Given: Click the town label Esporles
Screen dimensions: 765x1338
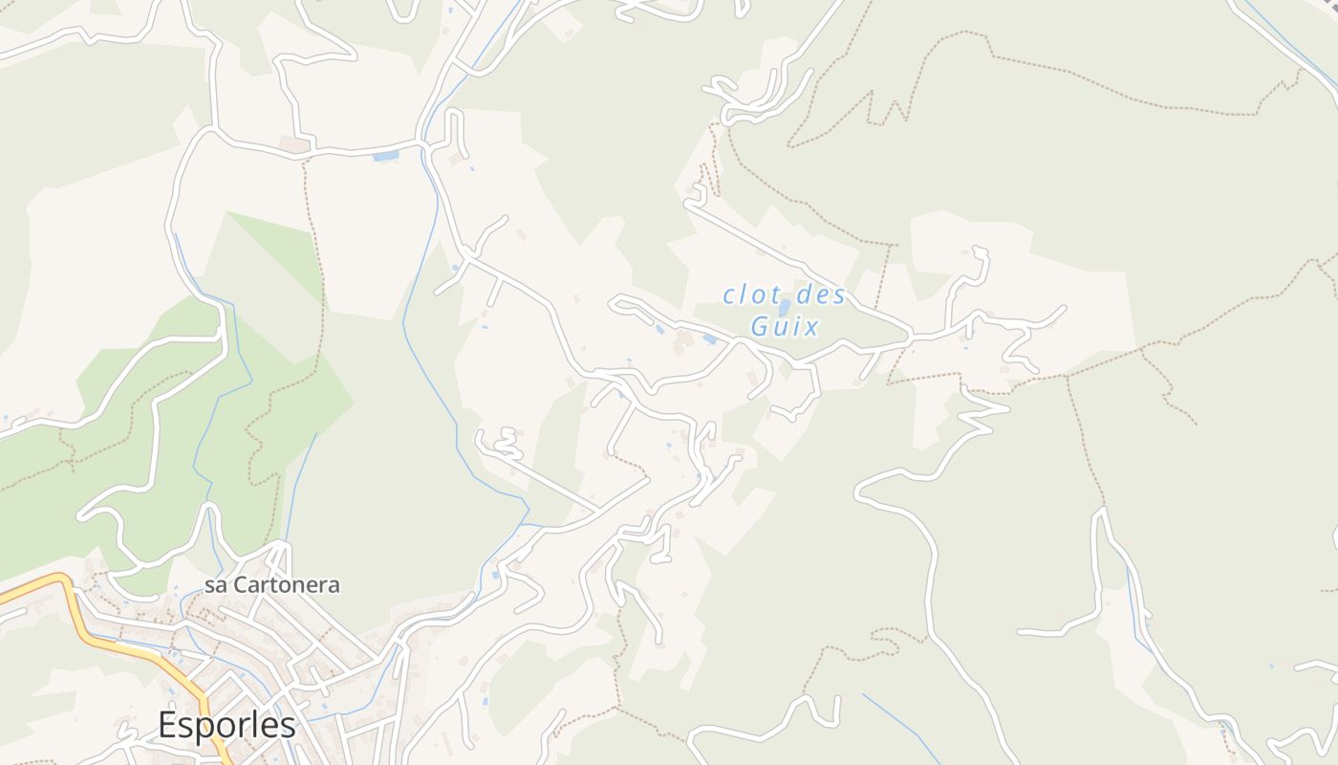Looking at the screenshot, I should [x=227, y=725].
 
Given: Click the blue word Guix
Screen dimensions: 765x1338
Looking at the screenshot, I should [x=785, y=327].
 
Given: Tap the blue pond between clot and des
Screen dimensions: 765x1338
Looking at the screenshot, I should [x=785, y=307].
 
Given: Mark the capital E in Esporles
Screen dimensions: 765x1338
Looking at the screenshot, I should [x=168, y=725].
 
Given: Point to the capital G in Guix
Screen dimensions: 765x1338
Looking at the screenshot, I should [x=761, y=327].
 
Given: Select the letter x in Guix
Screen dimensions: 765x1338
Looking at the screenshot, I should [x=811, y=327].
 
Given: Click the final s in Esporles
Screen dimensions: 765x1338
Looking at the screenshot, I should [x=288, y=726].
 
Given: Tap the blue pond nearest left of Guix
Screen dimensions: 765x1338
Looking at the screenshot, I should [x=709, y=339].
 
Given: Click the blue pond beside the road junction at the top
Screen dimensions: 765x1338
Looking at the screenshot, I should [x=386, y=155].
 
